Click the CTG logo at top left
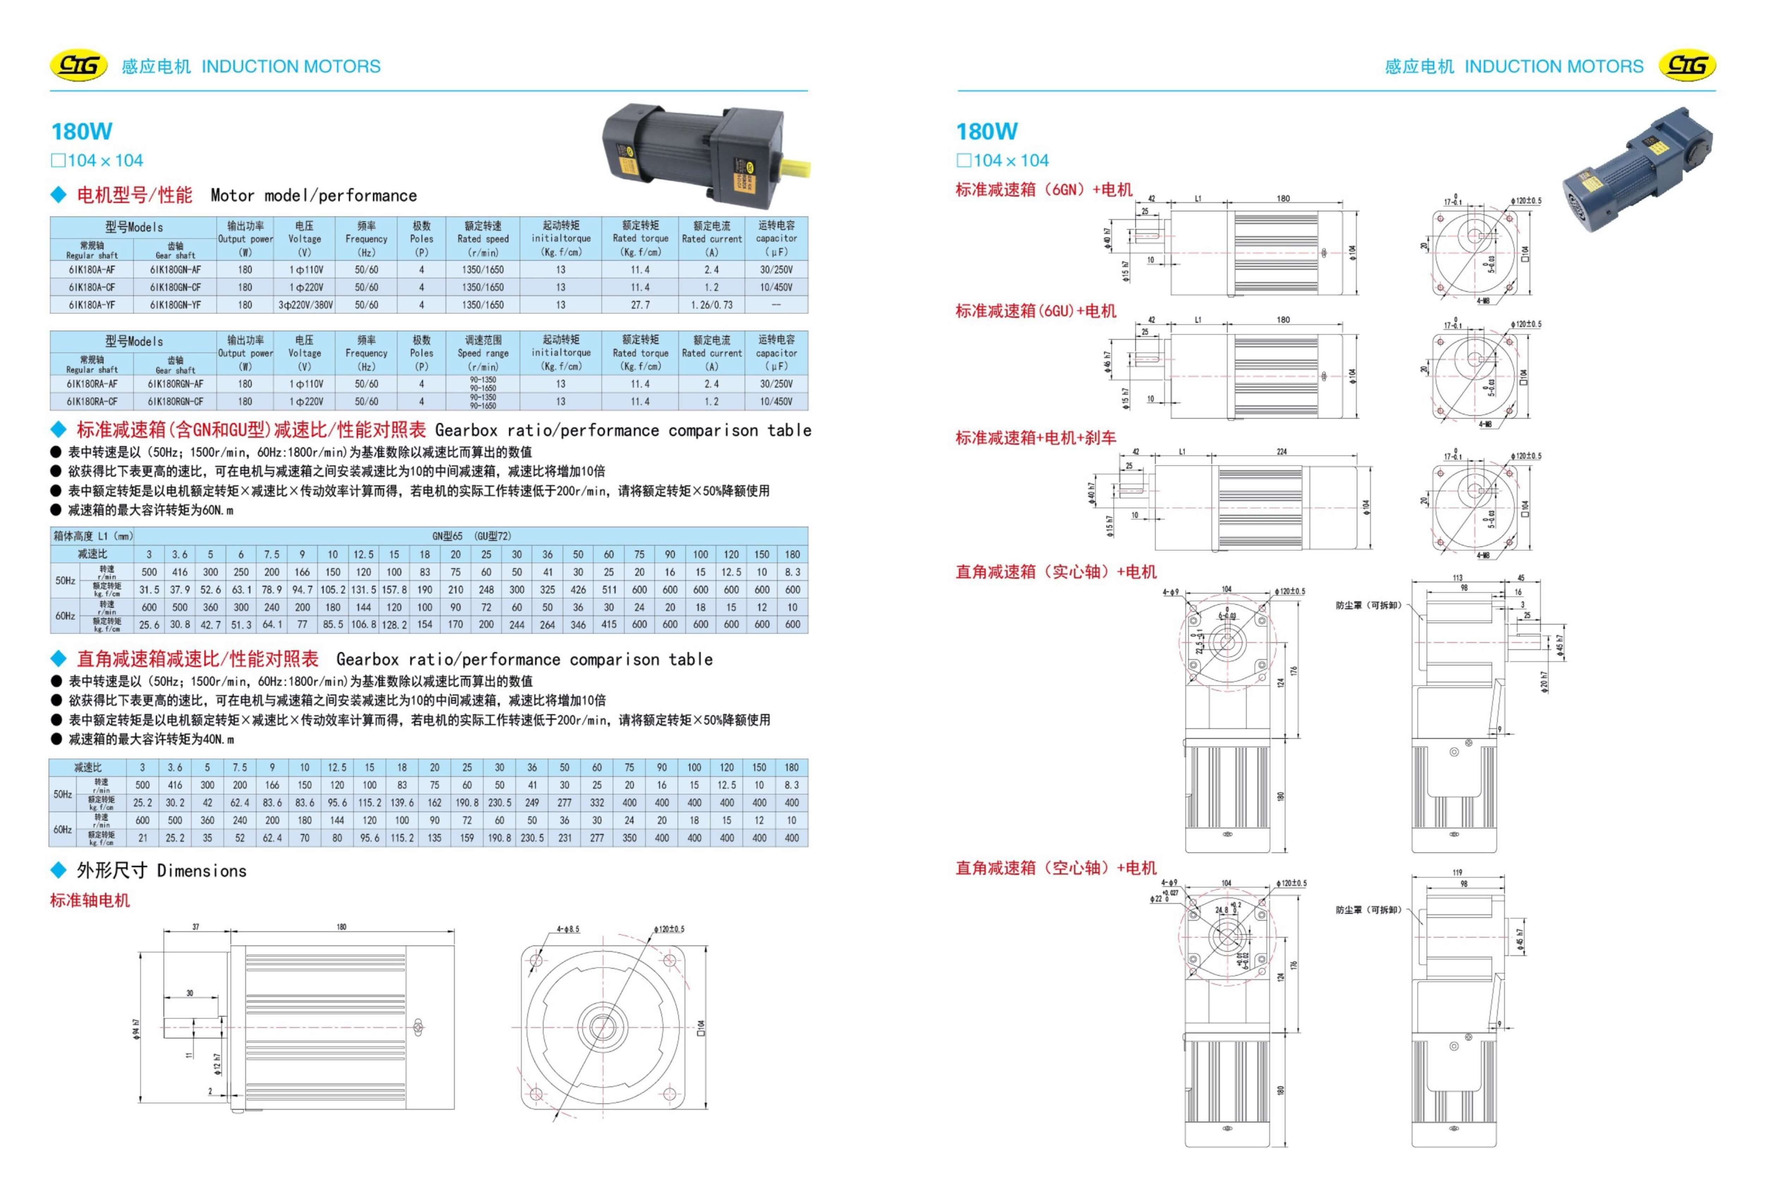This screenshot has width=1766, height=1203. (78, 66)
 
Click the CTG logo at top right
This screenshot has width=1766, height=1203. (1687, 66)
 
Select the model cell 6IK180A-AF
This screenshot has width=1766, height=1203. (92, 270)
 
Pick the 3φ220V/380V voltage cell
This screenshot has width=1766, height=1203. (305, 305)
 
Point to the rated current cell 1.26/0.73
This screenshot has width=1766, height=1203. (711, 305)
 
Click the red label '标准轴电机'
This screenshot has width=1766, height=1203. (90, 900)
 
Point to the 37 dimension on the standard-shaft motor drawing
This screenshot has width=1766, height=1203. (196, 927)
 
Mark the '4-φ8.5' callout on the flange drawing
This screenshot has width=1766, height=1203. (568, 929)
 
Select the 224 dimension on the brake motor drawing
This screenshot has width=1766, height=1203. (1282, 451)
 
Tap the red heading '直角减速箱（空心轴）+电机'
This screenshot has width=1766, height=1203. (1055, 868)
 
